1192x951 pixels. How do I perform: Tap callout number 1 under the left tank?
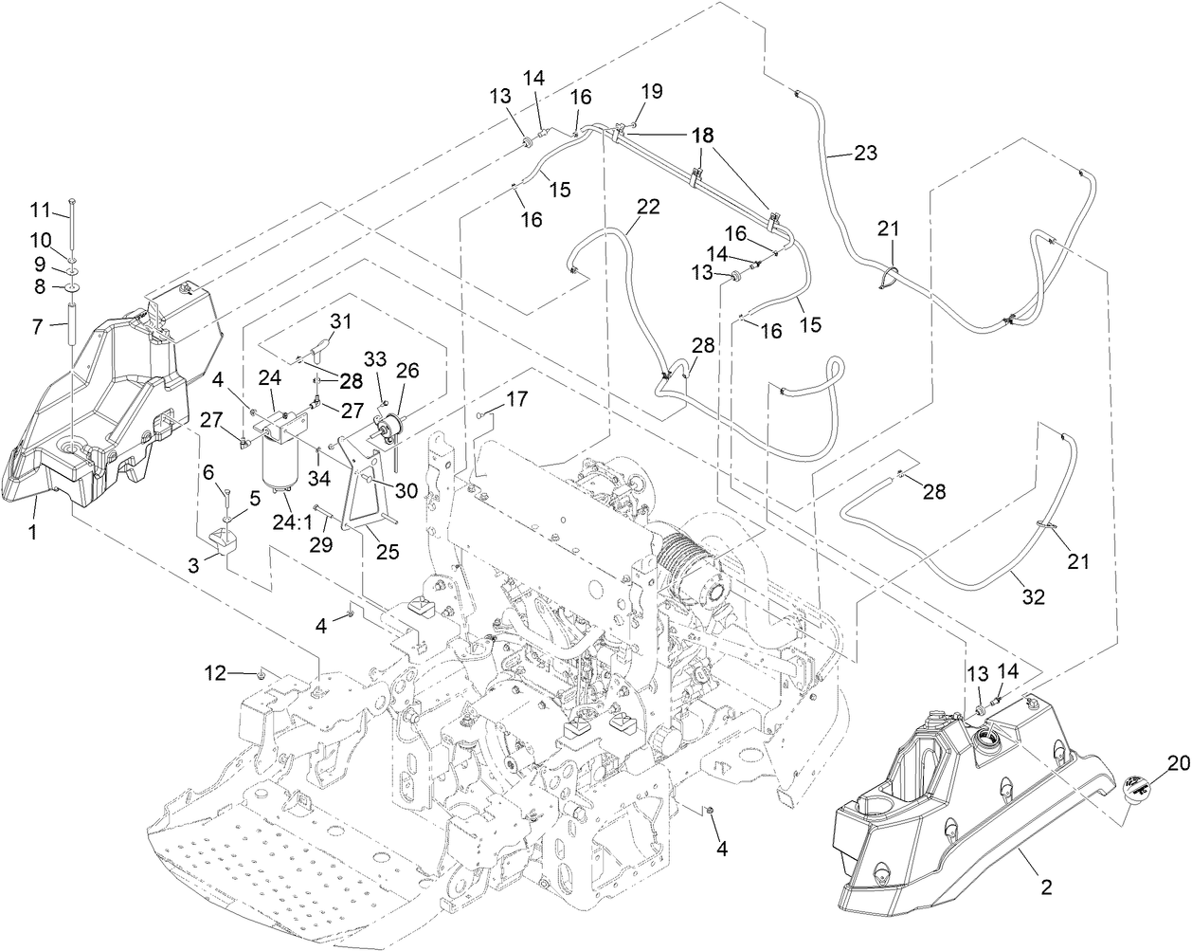coord(32,533)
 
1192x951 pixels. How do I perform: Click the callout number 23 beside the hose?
coord(865,152)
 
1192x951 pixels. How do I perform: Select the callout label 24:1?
coord(293,521)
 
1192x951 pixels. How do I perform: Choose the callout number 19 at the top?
coord(651,92)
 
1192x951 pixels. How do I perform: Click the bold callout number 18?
coord(702,135)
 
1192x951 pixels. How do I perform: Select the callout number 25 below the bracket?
coord(388,551)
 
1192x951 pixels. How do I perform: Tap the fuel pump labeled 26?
coord(390,433)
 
